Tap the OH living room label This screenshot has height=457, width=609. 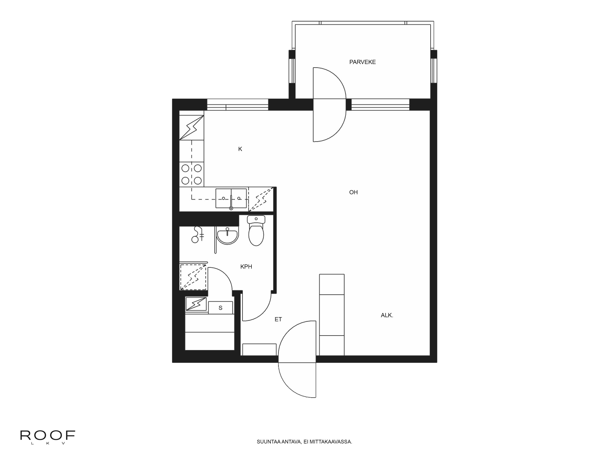coord(353,192)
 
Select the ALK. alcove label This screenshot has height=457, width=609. coord(387,315)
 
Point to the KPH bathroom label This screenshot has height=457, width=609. coord(246,267)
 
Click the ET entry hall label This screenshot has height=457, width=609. coord(278,319)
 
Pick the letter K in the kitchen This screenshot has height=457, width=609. coord(240,149)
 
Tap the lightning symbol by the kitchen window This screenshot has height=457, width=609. coord(192,128)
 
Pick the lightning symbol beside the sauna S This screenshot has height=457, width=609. coord(196,304)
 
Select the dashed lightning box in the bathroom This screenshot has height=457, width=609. coord(193,277)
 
